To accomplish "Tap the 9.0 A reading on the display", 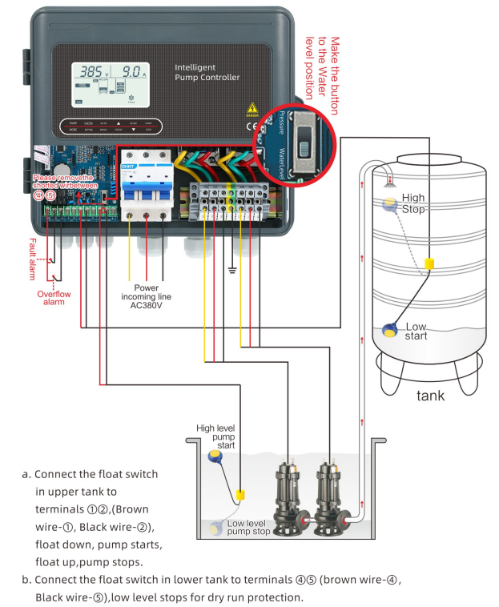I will point(127,70).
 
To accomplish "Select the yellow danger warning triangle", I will point(253,108).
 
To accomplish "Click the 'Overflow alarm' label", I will point(54,299).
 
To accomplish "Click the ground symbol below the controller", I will point(232,271).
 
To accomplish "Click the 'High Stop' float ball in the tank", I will point(389,204).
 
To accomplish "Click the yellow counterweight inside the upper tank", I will point(429,263).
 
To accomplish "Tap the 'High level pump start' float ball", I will point(215,456).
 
